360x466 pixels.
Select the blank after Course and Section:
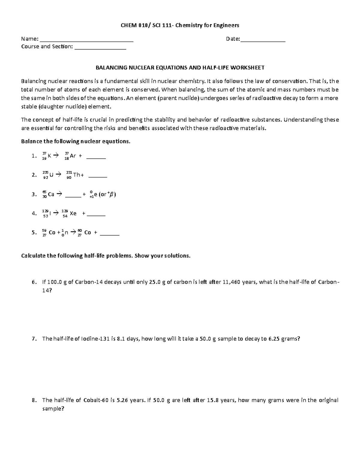coord(100,47)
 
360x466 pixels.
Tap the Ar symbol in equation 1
coord(73,156)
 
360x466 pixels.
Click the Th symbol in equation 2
coord(77,175)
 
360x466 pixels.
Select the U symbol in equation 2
coord(52,175)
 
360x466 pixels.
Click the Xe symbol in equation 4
coord(73,214)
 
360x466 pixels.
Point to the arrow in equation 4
coord(56,213)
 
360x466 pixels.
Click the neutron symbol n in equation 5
coord(66,233)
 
